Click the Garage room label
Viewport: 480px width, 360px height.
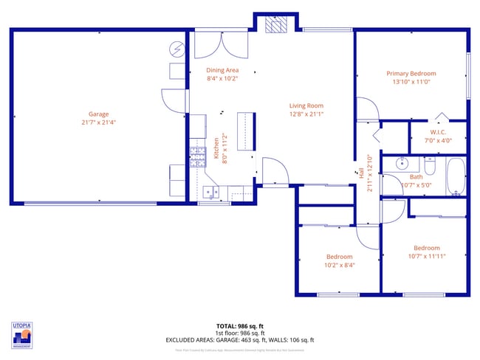[x=99, y=114]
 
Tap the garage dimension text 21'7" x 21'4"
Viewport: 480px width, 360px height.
[x=99, y=122]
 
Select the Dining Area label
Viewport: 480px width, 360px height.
[x=222, y=70]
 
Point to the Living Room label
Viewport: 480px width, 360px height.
[x=306, y=105]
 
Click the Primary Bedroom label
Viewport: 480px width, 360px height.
[x=411, y=73]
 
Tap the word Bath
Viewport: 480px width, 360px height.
[x=416, y=177]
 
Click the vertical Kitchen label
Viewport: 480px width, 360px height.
[x=216, y=148]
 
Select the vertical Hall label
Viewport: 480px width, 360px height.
[x=362, y=174]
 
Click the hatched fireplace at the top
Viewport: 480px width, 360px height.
[x=275, y=24]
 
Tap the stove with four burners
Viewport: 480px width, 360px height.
[x=198, y=156]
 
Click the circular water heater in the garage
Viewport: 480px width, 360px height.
[x=177, y=49]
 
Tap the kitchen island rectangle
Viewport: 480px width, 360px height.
[x=246, y=131]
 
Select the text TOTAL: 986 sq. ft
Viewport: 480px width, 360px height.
[x=239, y=326]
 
